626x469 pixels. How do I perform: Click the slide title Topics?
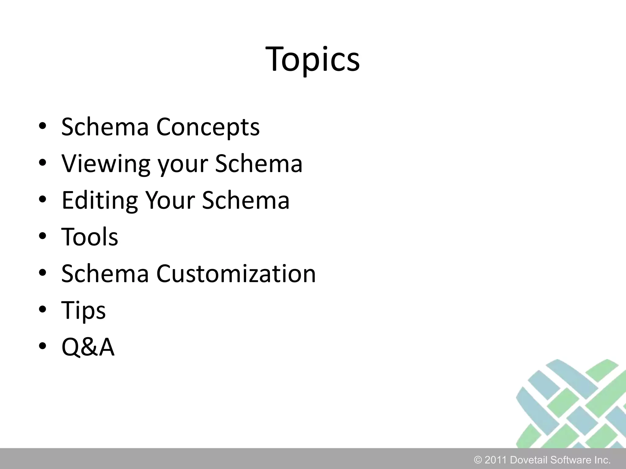pyautogui.click(x=313, y=60)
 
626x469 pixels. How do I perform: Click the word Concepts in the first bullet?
pyautogui.click(x=208, y=127)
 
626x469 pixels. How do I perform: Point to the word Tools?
pyautogui.click(x=90, y=237)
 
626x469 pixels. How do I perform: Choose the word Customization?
pyautogui.click(x=236, y=274)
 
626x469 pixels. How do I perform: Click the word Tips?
pyautogui.click(x=83, y=310)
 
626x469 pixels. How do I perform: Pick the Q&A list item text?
pyautogui.click(x=88, y=347)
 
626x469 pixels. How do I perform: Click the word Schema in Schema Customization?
pyautogui.click(x=105, y=274)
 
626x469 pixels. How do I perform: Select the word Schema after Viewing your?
pyautogui.click(x=259, y=164)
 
